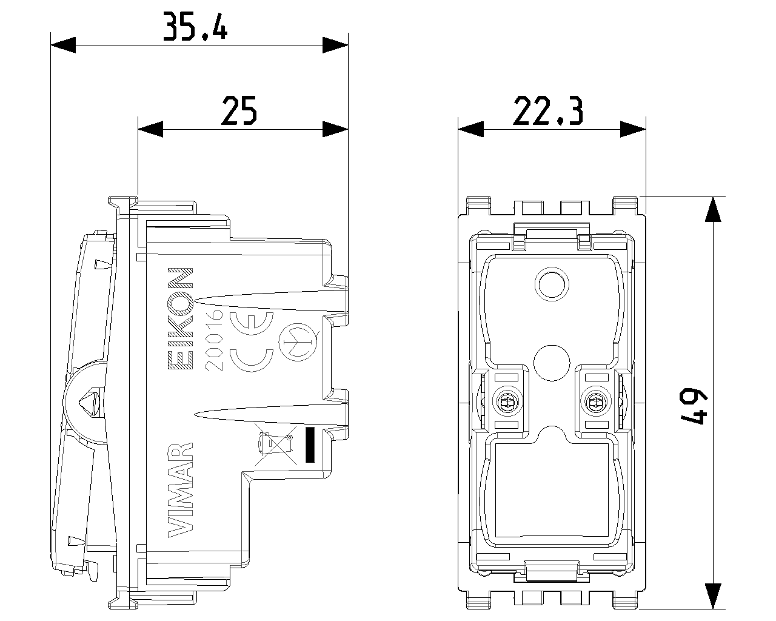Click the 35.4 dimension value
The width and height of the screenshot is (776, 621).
(x=195, y=27)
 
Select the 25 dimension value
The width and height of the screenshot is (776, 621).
(x=239, y=110)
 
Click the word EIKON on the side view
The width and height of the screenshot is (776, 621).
(x=180, y=318)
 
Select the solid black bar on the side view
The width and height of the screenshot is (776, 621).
(x=312, y=444)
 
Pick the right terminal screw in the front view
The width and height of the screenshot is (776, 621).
(x=594, y=401)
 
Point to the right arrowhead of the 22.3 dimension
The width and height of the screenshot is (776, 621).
(x=634, y=128)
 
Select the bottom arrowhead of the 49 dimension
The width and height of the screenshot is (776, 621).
(x=714, y=596)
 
